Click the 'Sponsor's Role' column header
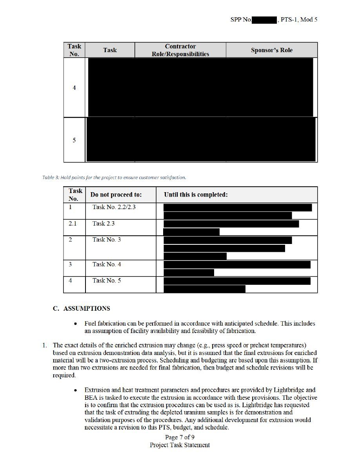(x=271, y=50)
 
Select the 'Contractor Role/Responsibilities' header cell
(x=180, y=50)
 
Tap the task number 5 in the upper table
(x=74, y=140)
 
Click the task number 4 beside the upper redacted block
(x=74, y=88)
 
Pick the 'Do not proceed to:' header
(x=116, y=195)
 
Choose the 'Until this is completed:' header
(x=196, y=195)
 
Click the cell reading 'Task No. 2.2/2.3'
(x=114, y=207)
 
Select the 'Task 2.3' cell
(x=104, y=224)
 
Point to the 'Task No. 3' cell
(x=107, y=240)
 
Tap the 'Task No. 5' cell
(x=107, y=280)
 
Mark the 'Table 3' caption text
(x=114, y=177)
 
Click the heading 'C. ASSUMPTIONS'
(x=82, y=309)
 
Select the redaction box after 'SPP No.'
(x=265, y=19)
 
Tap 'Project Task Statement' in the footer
(x=180, y=445)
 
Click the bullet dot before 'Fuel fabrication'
(x=75, y=324)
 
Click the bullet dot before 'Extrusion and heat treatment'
(x=75, y=390)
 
